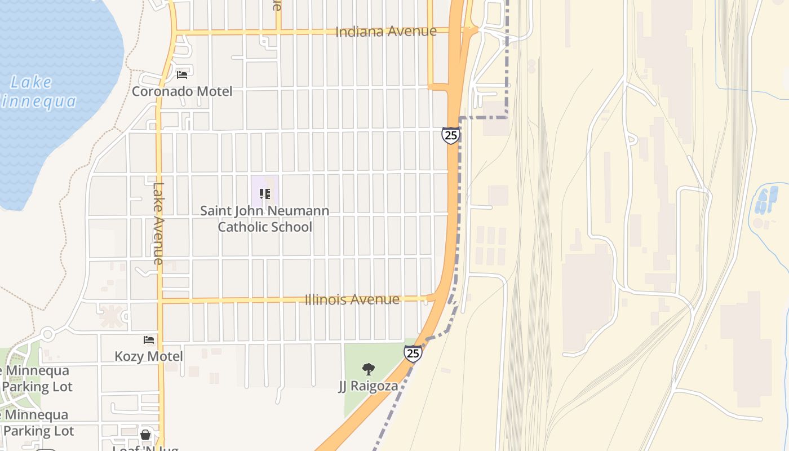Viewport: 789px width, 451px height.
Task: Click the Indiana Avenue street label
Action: (385, 32)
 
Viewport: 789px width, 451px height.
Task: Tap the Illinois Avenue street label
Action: (352, 299)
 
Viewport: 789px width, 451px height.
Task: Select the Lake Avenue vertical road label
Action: (158, 223)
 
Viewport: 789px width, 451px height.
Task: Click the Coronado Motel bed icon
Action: (182, 74)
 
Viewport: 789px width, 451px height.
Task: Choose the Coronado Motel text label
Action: (181, 91)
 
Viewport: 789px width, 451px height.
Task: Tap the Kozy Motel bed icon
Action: (149, 340)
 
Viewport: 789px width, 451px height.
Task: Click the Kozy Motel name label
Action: (149, 356)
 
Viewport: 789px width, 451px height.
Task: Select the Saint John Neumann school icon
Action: (265, 194)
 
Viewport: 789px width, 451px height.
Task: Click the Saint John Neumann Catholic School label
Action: (265, 219)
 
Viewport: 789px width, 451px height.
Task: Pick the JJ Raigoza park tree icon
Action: (369, 370)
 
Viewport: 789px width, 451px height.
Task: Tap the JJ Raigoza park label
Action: (368, 386)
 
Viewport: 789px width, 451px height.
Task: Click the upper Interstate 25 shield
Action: (451, 135)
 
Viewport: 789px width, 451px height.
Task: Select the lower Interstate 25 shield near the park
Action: (413, 353)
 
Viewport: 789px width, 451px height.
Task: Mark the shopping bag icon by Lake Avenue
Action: (145, 435)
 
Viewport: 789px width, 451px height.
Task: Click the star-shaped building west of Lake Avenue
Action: (111, 316)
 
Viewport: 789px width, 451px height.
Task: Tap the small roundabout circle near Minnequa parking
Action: (47, 334)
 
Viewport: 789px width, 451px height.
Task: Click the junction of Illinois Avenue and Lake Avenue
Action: (159, 300)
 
